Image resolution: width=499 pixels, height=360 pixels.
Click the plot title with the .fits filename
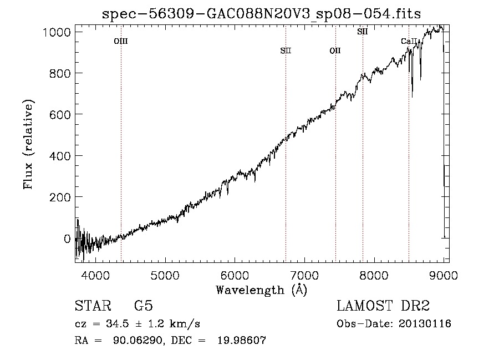pyautogui.click(x=262, y=14)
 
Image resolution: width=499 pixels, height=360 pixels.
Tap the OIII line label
pyautogui.click(x=121, y=41)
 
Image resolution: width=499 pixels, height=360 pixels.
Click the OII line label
pyautogui.click(x=335, y=51)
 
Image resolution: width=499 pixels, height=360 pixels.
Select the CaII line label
pyautogui.click(x=409, y=41)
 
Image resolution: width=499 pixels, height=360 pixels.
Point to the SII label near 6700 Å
pyautogui.click(x=286, y=51)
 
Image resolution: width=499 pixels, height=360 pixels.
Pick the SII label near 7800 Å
pyautogui.click(x=363, y=32)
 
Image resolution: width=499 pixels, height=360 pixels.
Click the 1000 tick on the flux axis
pyautogui.click(x=57, y=32)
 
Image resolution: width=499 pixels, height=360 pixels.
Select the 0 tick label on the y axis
pyautogui.click(x=67, y=239)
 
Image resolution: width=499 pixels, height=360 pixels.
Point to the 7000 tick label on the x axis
pyautogui.click(x=304, y=274)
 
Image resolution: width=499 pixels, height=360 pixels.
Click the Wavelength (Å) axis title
pyautogui.click(x=261, y=290)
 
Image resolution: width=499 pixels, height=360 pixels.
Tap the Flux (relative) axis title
pyautogui.click(x=28, y=145)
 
